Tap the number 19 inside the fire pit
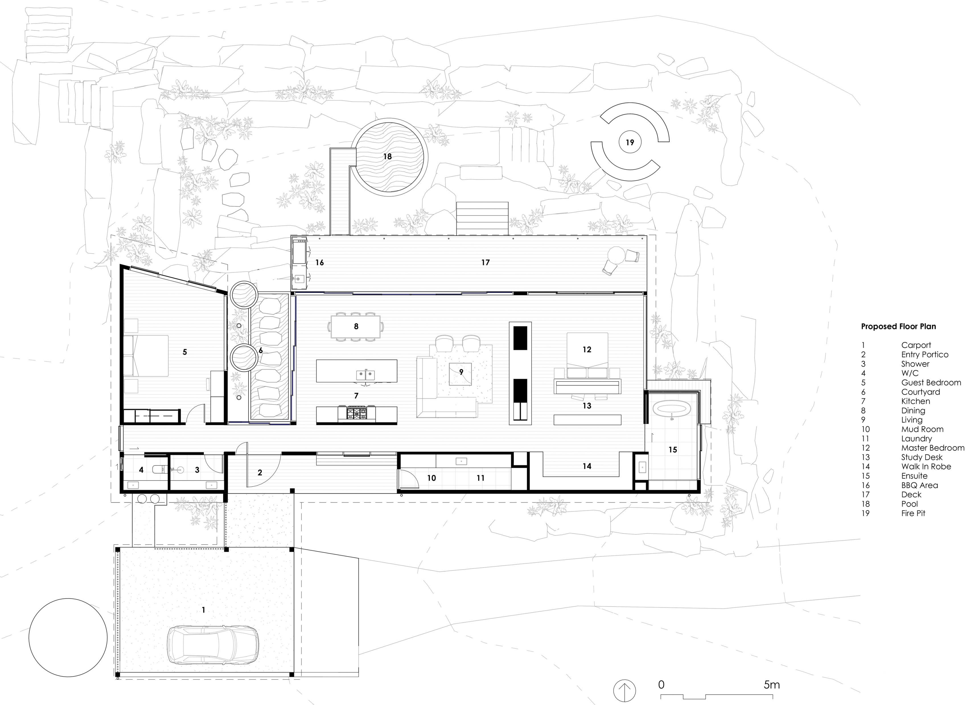coord(630,143)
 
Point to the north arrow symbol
coord(624,690)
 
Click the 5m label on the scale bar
coord(772,685)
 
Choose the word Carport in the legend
coord(916,345)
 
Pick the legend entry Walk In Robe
coord(926,467)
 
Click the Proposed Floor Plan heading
coord(899,327)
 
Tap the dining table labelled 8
coord(355,327)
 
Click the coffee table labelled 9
coord(460,374)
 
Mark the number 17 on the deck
coord(485,262)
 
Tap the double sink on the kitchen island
coord(365,375)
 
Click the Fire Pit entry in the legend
coord(913,513)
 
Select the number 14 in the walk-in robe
coord(587,467)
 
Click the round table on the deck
coord(616,256)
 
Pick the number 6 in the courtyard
coord(260,351)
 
